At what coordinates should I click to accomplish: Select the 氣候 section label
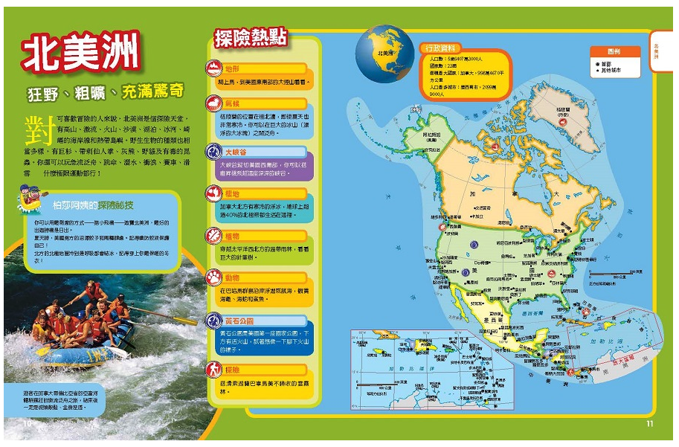point(233,103)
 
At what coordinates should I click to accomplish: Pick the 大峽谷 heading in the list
point(236,151)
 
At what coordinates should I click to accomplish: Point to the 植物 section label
point(233,237)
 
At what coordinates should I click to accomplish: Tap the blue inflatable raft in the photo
point(78,354)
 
